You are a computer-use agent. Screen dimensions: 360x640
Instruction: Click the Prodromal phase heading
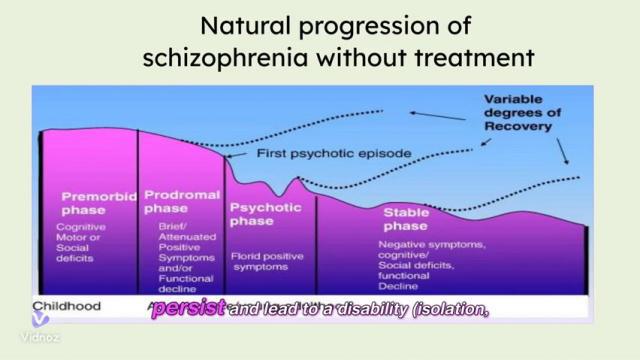(x=178, y=202)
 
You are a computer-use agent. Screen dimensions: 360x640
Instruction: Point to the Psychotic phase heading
(x=264, y=214)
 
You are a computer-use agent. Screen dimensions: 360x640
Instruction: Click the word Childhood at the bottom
(x=67, y=306)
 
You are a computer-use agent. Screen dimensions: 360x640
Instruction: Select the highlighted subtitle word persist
(x=187, y=310)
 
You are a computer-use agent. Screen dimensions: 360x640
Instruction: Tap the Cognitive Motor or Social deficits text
(x=88, y=243)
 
